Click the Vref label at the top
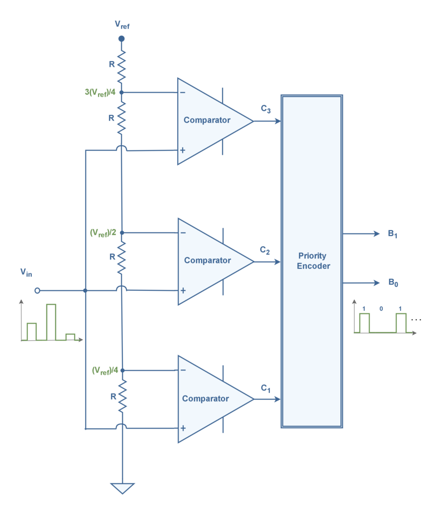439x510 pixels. tap(121, 24)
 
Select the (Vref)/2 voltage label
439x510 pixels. tap(104, 233)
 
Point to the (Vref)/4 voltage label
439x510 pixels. tap(105, 370)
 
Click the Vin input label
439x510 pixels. tap(26, 272)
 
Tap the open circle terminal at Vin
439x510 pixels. tap(37, 290)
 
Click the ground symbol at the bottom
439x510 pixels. tap(121, 488)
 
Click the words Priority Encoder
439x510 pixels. tap(313, 260)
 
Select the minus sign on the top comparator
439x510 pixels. tap(183, 92)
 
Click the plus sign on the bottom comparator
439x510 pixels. tap(183, 428)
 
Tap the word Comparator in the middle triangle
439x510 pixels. tap(207, 260)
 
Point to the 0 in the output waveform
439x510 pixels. tap(381, 309)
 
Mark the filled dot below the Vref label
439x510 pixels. tap(121, 38)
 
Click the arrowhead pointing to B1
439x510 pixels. tap(377, 234)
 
